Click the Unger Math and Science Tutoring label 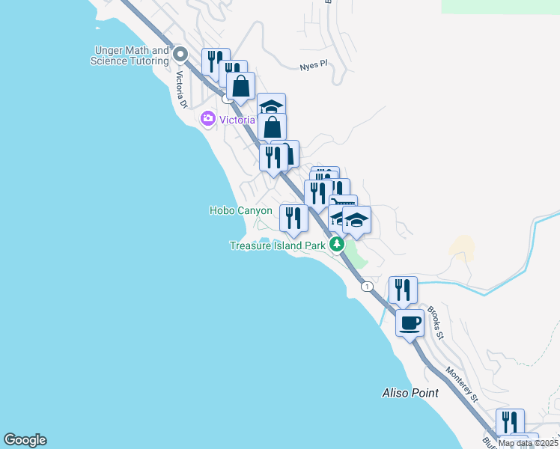(x=130, y=55)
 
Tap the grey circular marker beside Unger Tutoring (x=180, y=55)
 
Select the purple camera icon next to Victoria (x=207, y=118)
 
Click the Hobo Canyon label (x=240, y=211)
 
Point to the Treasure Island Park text (x=277, y=245)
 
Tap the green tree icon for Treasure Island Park (x=337, y=244)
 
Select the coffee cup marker (x=410, y=323)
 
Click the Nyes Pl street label (x=313, y=65)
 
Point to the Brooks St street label (x=436, y=323)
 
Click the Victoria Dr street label (x=180, y=88)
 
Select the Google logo (x=25, y=440)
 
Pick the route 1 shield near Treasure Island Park (x=366, y=287)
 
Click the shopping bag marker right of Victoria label (x=273, y=127)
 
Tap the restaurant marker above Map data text (x=510, y=422)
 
